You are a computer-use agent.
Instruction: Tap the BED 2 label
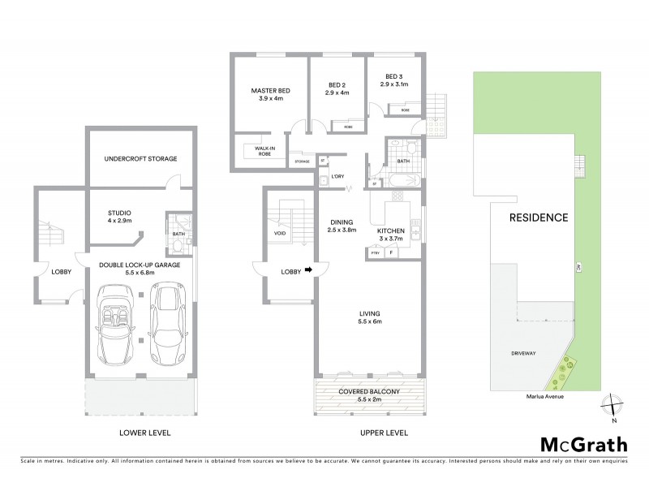(338, 88)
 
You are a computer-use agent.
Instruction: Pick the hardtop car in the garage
(167, 323)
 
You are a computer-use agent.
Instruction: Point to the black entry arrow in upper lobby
(307, 272)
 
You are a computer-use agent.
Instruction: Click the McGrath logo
(583, 444)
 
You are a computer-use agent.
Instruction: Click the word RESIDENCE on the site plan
(538, 218)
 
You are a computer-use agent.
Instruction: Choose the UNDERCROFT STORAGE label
(141, 158)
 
